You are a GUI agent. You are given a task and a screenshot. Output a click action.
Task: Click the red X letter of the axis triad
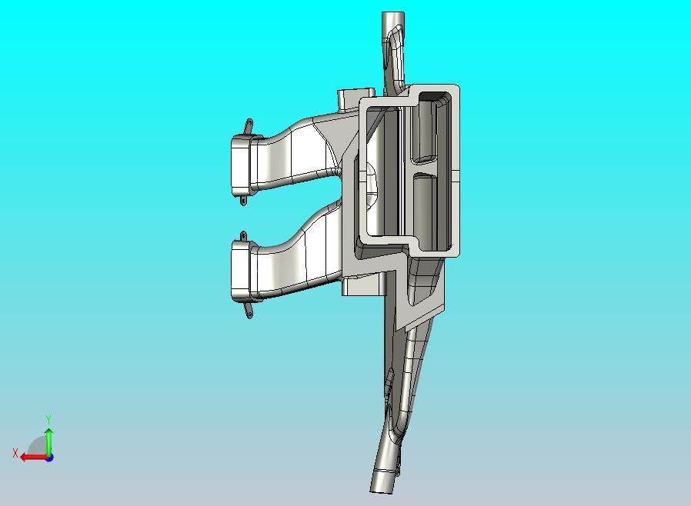click(x=15, y=453)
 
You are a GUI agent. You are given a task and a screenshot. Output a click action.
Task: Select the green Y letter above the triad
click(x=48, y=418)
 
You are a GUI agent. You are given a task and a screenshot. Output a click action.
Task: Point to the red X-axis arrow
click(x=35, y=458)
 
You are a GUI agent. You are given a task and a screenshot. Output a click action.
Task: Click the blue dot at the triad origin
click(x=50, y=458)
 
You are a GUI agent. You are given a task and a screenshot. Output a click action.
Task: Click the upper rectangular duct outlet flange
click(x=241, y=165)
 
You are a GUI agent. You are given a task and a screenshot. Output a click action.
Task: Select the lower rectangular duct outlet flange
click(x=241, y=271)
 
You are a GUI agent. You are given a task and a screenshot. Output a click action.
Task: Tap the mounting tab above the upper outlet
click(x=249, y=126)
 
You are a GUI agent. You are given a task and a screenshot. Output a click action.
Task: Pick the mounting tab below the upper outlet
click(x=243, y=201)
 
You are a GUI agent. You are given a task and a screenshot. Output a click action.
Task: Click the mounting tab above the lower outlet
click(x=243, y=236)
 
